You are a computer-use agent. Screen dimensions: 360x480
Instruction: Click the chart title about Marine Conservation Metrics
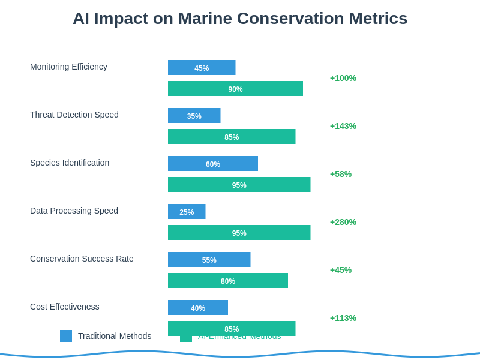pos(240,19)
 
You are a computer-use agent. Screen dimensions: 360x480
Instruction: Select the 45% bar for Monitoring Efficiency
pos(202,68)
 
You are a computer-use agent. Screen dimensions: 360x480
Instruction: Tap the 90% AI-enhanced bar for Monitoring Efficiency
pos(235,89)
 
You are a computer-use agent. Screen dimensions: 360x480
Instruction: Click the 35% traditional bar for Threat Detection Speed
pos(194,116)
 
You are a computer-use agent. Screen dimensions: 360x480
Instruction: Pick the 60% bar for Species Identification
pos(213,164)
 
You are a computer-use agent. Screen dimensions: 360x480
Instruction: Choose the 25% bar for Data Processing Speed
pos(187,212)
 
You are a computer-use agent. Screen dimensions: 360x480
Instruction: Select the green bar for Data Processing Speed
pos(239,233)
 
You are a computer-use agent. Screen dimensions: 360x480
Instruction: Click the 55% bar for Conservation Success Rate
pos(209,260)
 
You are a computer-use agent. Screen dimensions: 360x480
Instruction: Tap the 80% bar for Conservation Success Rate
pos(228,281)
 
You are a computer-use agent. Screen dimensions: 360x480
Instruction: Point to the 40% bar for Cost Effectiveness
pos(198,308)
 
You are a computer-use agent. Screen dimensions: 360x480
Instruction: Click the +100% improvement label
pos(343,78)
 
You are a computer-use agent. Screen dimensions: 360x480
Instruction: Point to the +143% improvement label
pos(343,126)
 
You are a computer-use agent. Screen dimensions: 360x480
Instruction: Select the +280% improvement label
pos(343,222)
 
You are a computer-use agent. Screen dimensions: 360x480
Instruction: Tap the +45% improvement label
pos(341,270)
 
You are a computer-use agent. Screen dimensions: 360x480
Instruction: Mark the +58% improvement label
pos(341,174)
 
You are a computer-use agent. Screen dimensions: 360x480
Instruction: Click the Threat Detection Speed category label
pos(74,115)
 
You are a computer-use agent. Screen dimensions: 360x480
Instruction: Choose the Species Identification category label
pos(70,163)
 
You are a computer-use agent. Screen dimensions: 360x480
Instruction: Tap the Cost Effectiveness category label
pos(65,307)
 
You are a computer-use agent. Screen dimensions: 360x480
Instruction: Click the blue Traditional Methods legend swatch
pos(66,336)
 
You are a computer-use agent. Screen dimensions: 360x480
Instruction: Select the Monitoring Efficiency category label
pos(68,67)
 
